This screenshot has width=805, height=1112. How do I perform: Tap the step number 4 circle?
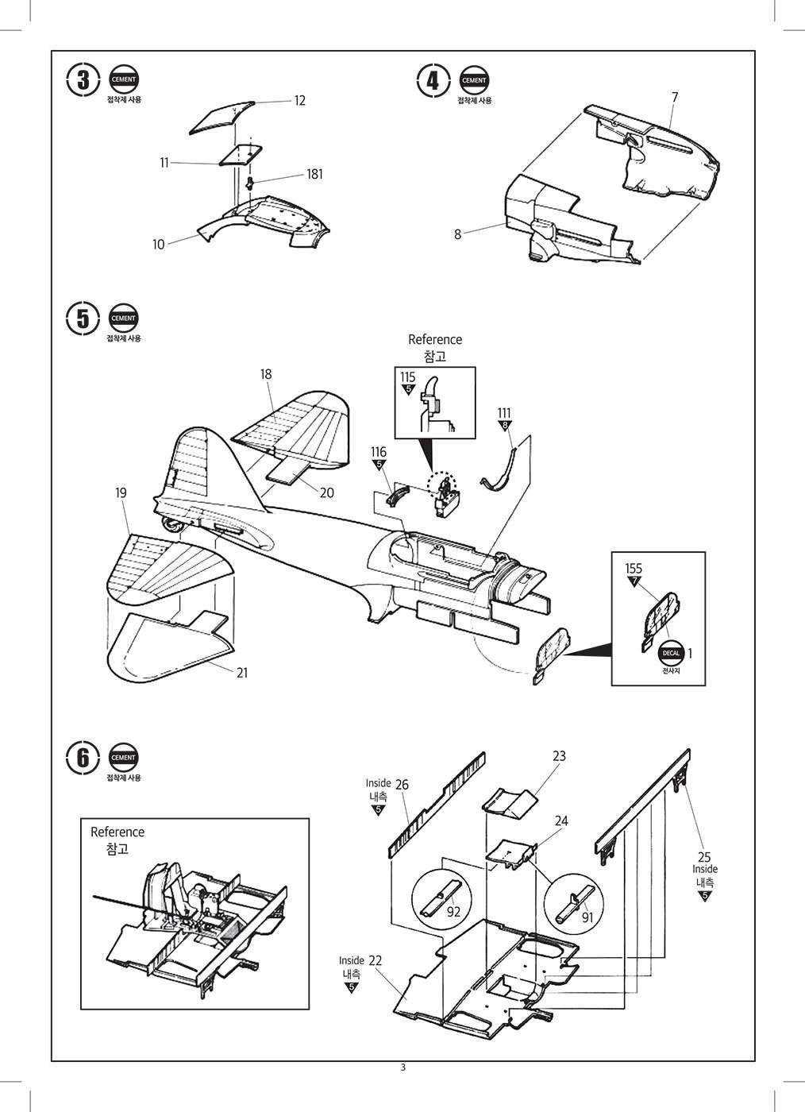pyautogui.click(x=433, y=80)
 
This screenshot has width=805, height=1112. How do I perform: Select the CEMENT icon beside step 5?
pyautogui.click(x=123, y=318)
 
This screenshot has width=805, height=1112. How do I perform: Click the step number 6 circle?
pyautogui.click(x=83, y=758)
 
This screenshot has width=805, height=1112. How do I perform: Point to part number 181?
pyautogui.click(x=314, y=174)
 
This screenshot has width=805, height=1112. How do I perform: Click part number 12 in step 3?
pyautogui.click(x=299, y=101)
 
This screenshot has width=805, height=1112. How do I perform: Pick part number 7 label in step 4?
pyautogui.click(x=674, y=97)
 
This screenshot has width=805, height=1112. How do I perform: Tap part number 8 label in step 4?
pyautogui.click(x=458, y=234)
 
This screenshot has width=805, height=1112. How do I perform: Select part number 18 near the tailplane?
pyautogui.click(x=266, y=374)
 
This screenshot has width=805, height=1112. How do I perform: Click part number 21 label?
pyautogui.click(x=242, y=672)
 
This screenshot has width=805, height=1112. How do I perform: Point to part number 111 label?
pyautogui.click(x=504, y=413)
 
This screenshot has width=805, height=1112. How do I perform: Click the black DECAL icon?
pyautogui.click(x=672, y=652)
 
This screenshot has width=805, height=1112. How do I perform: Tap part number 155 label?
pyautogui.click(x=634, y=569)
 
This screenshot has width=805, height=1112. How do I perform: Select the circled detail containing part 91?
pyautogui.click(x=576, y=904)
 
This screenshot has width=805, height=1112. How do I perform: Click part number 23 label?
pyautogui.click(x=559, y=756)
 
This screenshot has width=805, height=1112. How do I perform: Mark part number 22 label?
pyautogui.click(x=376, y=960)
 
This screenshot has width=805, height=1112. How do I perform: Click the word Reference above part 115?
pyautogui.click(x=434, y=339)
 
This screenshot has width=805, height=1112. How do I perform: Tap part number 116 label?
pyautogui.click(x=379, y=452)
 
